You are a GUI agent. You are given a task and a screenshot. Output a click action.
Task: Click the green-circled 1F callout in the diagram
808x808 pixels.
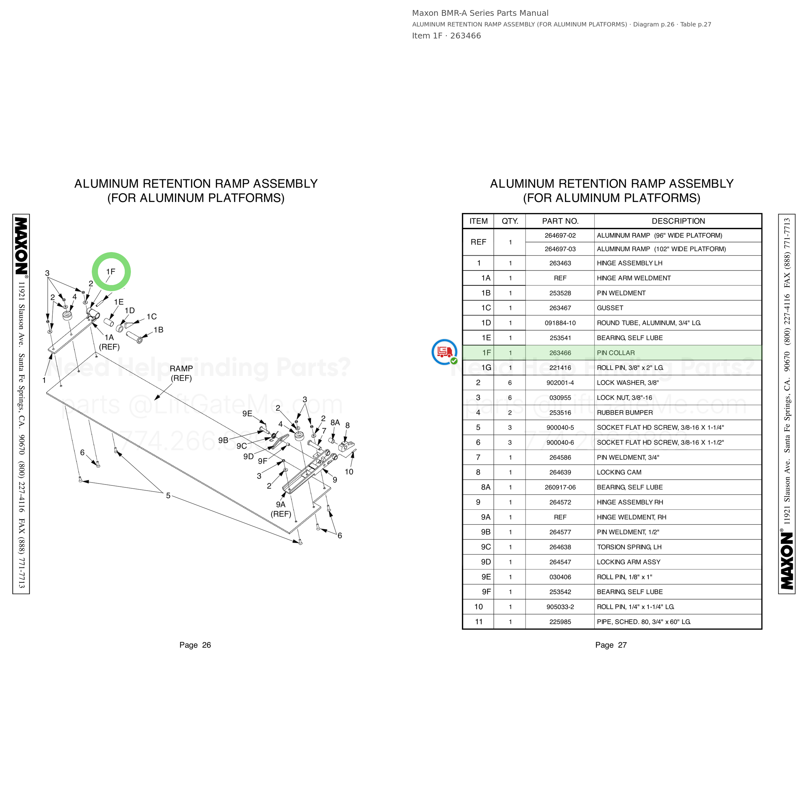111,272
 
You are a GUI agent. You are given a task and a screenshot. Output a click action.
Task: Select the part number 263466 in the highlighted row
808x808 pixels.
560,353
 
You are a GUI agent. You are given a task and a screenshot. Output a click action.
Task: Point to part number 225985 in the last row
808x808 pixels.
560,622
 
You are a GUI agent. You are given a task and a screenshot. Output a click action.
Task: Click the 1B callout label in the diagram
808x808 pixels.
158,330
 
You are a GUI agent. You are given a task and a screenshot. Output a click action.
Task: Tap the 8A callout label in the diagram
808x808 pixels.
335,423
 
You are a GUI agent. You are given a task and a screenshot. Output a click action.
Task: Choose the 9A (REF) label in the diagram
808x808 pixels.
281,509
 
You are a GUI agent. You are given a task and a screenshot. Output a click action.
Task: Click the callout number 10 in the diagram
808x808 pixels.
349,472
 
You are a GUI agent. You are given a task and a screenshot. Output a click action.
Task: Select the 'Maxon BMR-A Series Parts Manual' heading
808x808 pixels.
480,13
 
